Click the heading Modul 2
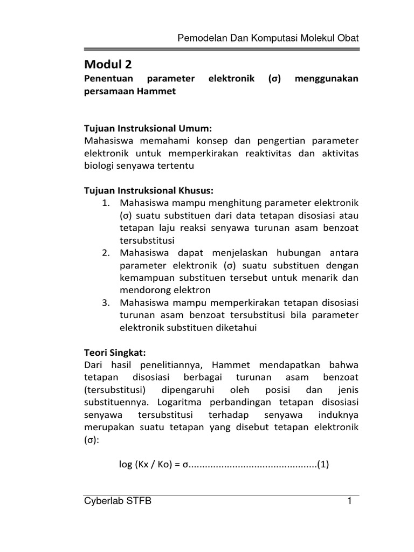[x=108, y=65]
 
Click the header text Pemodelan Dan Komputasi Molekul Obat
[x=268, y=39]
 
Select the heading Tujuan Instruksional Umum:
[x=149, y=128]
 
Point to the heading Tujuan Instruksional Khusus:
[x=149, y=190]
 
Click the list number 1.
[x=106, y=203]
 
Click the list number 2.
[x=106, y=253]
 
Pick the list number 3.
[x=106, y=302]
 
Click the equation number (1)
[x=323, y=464]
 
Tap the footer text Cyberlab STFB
[x=118, y=501]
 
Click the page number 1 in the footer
[x=349, y=501]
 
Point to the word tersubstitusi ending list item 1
[x=147, y=240]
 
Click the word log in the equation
[x=126, y=464]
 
